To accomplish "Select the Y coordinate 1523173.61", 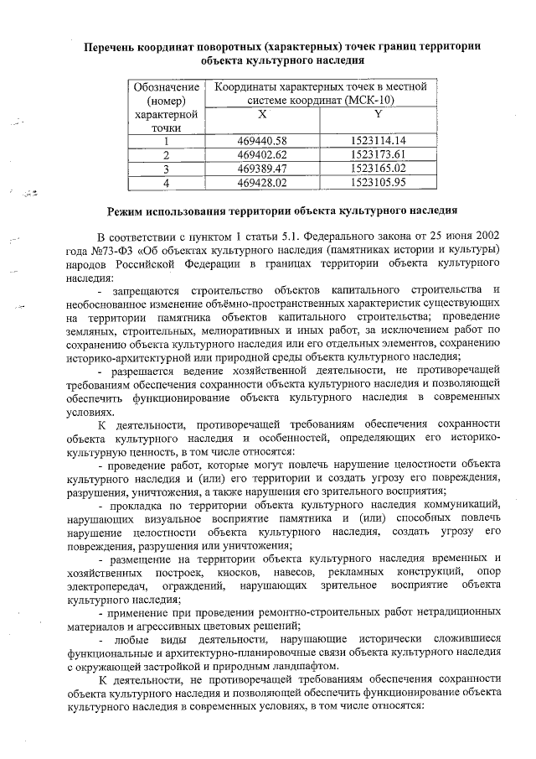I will [379, 154].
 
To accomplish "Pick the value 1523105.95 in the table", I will [379, 181].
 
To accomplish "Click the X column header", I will [262, 113].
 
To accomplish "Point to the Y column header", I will [379, 113].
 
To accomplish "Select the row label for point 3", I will [167, 168].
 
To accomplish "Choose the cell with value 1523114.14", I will [379, 141].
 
